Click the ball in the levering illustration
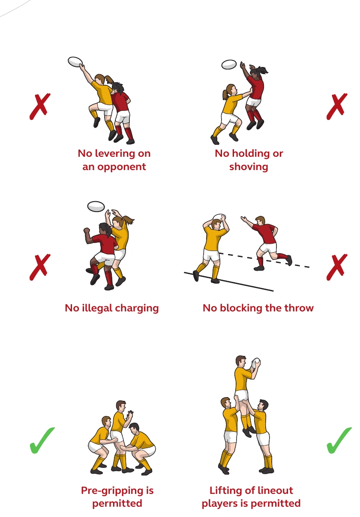coord(75,62)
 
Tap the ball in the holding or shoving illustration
coord(229,64)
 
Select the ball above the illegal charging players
coord(96,206)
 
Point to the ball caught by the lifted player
coord(255,363)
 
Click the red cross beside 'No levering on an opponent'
coord(40,106)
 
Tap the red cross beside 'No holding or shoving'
coord(337,106)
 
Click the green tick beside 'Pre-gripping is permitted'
coord(42,440)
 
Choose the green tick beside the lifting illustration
coord(339,440)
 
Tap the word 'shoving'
coord(249,167)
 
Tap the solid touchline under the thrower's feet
coord(228,282)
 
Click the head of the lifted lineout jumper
coord(241,361)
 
